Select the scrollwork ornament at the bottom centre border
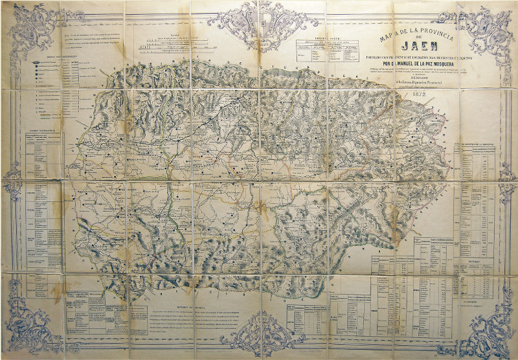(x=258, y=336)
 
